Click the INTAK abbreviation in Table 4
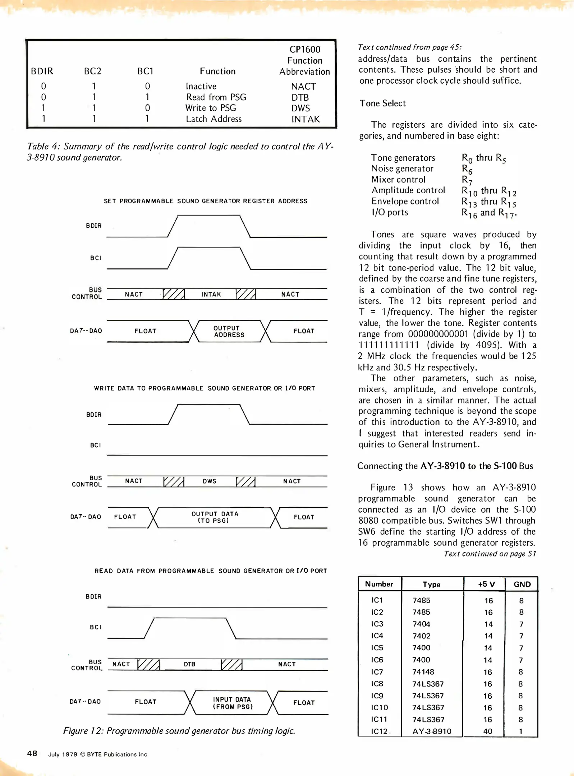tap(305, 119)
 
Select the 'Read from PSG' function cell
tap(216, 97)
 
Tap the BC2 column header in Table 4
tap(92, 71)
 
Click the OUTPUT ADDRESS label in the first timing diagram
tap(229, 331)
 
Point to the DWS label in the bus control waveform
tap(210, 481)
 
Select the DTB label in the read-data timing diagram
tap(189, 664)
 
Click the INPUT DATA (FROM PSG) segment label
tap(232, 703)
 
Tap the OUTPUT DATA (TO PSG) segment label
tap(215, 517)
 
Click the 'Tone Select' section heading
tap(382, 103)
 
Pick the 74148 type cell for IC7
tap(423, 672)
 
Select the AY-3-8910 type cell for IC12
tap(431, 731)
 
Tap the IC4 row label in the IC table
tap(377, 636)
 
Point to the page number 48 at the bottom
tap(32, 753)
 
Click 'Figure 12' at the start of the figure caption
tap(82, 731)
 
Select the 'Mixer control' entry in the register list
tap(398, 180)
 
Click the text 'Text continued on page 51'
tap(490, 554)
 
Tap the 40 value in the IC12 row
tap(487, 731)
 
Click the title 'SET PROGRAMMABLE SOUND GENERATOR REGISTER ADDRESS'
tap(206, 201)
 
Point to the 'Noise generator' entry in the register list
tap(402, 168)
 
